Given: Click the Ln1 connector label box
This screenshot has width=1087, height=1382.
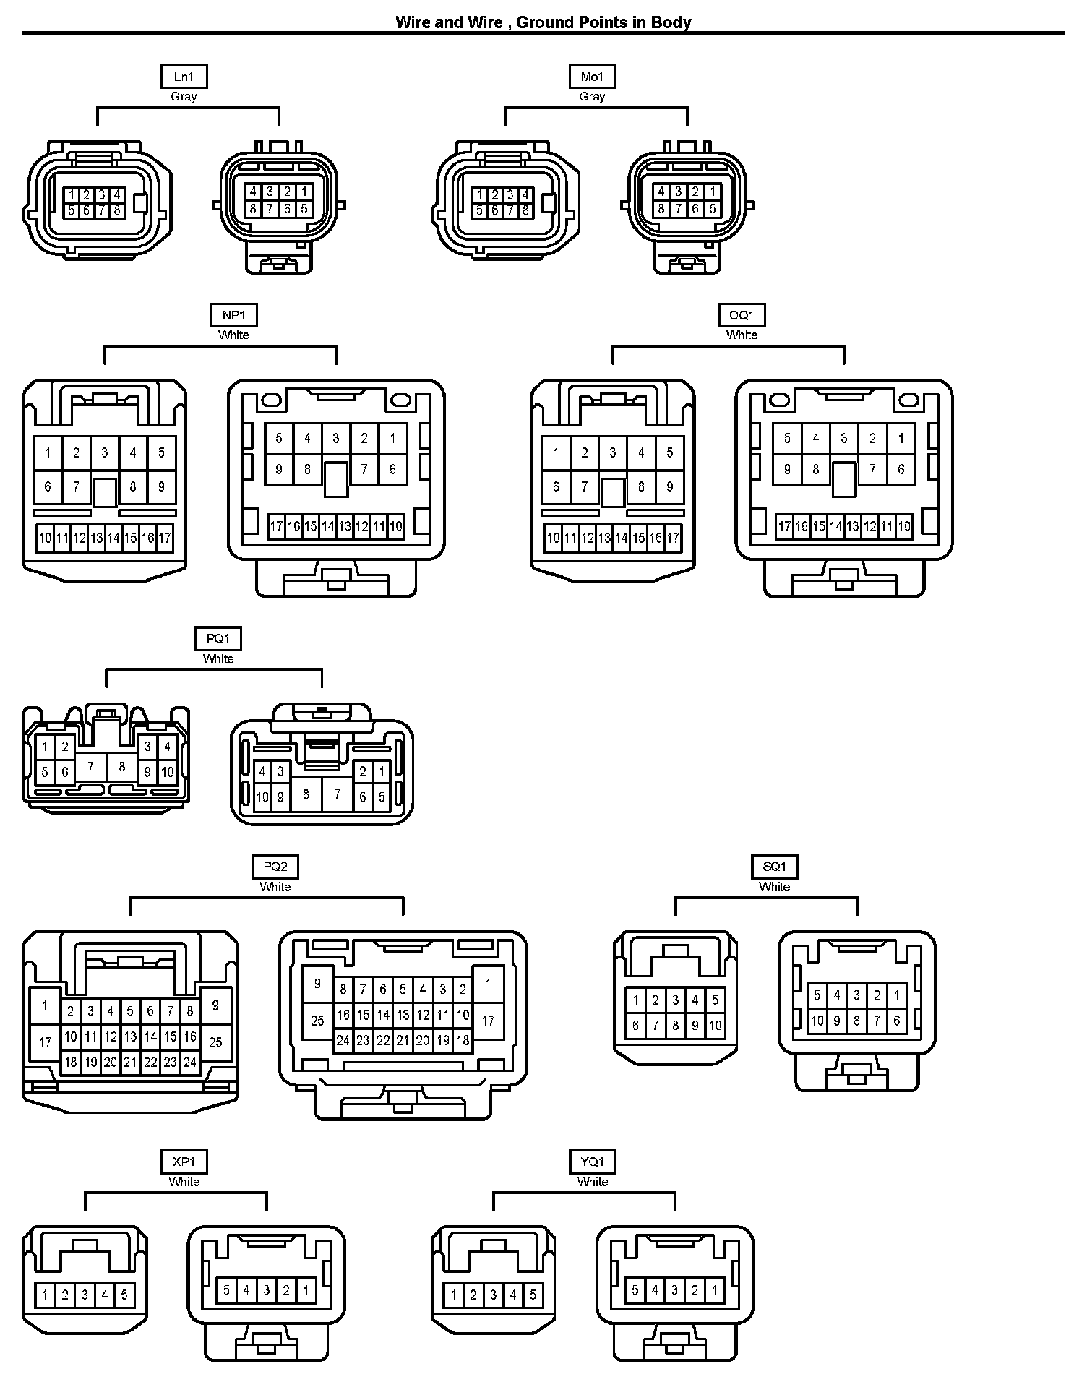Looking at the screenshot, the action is [x=184, y=77].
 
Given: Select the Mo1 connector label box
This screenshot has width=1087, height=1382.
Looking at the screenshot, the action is [x=592, y=77].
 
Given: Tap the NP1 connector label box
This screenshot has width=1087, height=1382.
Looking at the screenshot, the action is [x=234, y=315].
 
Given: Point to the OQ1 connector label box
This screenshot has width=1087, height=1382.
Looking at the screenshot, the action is [x=742, y=315].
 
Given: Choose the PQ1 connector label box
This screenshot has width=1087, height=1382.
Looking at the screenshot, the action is [x=218, y=639].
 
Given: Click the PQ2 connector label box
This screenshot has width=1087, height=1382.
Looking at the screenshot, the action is [x=275, y=867].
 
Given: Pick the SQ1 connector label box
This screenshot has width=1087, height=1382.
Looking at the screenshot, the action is [x=774, y=867].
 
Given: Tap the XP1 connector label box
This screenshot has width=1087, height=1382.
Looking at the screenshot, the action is [x=184, y=1162].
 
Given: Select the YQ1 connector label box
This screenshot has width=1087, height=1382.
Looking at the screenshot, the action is [x=593, y=1162].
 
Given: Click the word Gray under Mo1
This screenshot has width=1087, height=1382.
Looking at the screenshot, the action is [x=592, y=97].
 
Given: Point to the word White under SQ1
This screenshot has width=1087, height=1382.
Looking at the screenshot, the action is [x=774, y=887].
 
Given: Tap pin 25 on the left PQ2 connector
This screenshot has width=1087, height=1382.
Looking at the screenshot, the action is [x=215, y=1042].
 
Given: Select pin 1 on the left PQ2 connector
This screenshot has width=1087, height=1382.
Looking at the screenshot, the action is [x=45, y=1005].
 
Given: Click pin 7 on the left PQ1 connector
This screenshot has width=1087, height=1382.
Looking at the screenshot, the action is [x=90, y=767].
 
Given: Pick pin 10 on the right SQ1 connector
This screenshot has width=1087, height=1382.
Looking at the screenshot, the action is [x=817, y=1021].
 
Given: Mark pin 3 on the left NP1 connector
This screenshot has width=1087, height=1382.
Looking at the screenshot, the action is [x=105, y=453].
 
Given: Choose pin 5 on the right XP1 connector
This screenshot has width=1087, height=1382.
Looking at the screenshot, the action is [x=226, y=1289].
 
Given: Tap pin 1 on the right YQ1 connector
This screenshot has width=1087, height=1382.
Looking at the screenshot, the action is [x=715, y=1289].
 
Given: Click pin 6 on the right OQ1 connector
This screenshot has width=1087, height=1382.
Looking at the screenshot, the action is [x=901, y=469].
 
